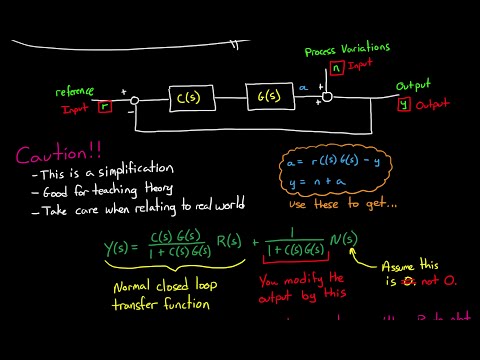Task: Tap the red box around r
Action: tap(105, 103)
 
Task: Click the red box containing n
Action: tap(337, 68)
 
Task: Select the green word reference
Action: tap(82, 92)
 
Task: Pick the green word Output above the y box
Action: tap(413, 86)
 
